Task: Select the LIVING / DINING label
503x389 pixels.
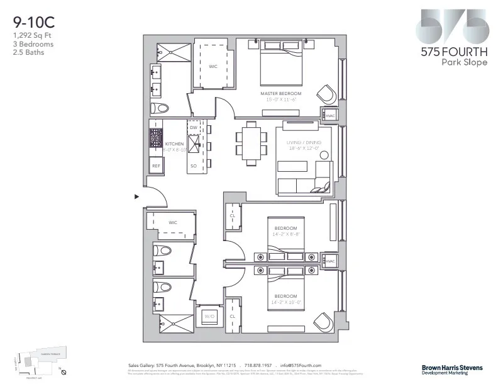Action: pos(304,143)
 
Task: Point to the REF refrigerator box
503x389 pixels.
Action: pos(156,166)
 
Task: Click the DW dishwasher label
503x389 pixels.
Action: pos(194,127)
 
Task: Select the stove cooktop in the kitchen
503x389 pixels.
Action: pos(155,138)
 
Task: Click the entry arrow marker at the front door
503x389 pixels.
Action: pos(136,196)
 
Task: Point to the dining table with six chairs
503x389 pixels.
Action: pos(250,144)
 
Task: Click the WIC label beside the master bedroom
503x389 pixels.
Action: pos(213,67)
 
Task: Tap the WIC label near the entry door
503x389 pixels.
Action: pos(172,222)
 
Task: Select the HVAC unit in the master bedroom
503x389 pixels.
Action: pos(330,115)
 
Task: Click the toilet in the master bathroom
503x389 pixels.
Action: pos(161,108)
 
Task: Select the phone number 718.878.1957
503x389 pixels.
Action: pos(259,365)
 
